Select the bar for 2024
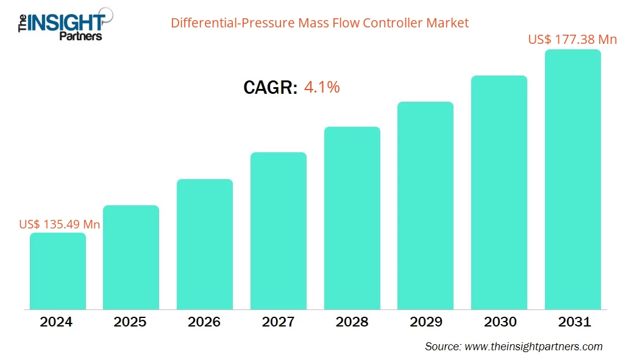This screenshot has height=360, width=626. (x=58, y=271)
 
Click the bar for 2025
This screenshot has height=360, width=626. (x=131, y=257)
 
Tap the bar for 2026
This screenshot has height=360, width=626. (x=205, y=244)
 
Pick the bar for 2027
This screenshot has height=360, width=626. (x=279, y=231)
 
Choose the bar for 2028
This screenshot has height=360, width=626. (x=352, y=218)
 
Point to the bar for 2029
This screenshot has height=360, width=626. (x=425, y=205)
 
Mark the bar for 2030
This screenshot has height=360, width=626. (x=499, y=192)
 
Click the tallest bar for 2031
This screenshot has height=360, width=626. (x=573, y=180)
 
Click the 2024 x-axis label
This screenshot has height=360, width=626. (x=58, y=322)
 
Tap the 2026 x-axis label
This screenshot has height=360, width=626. (x=205, y=322)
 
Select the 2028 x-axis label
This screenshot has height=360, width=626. (x=352, y=322)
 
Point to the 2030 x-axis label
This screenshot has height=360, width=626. (x=499, y=322)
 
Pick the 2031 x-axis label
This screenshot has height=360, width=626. (x=573, y=322)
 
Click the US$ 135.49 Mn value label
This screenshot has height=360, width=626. (x=60, y=224)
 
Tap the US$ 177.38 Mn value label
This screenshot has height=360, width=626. (x=572, y=40)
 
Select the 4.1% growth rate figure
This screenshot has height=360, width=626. (x=322, y=88)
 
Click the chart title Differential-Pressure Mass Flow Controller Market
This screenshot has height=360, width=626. (x=319, y=23)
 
